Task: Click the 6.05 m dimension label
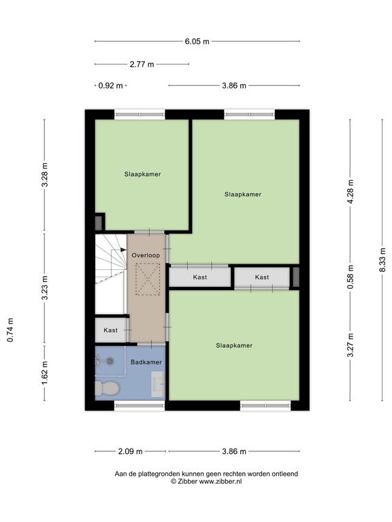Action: coord(197,41)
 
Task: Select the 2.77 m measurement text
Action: coord(142,64)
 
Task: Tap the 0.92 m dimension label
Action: coord(111,86)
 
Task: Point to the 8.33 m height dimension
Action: coord(382,260)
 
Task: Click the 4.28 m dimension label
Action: coord(350,192)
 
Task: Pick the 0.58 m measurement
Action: coord(350,277)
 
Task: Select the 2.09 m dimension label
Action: coord(131,451)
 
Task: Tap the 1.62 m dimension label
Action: coord(45,373)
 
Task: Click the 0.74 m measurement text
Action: coord(10,330)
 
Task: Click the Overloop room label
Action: coord(146,256)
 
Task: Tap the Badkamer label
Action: coord(146,362)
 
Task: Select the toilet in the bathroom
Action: coord(107,389)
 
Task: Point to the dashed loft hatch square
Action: coord(148,279)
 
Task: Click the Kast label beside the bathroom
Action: coord(111,330)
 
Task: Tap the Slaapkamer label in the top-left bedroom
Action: coord(143,174)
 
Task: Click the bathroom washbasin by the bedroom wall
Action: coord(158,384)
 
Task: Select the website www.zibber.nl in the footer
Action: coord(220,481)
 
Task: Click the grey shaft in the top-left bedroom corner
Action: coord(98,223)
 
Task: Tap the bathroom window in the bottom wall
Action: coord(140,406)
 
